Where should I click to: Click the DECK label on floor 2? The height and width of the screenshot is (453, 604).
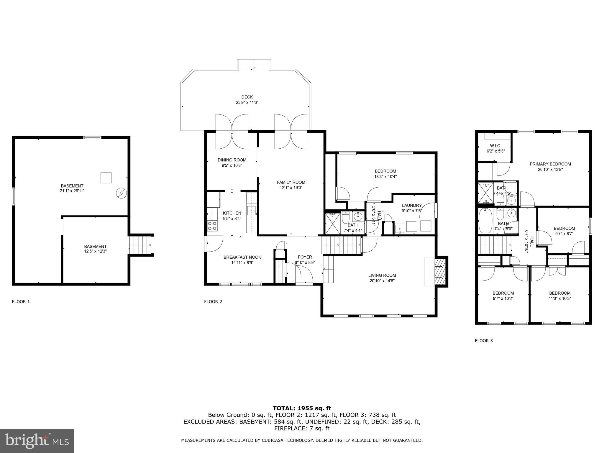(x=247, y=97)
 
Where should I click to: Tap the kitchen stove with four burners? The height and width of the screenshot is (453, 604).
(x=212, y=226)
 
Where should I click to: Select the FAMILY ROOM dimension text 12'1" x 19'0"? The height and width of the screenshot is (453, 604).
(x=291, y=188)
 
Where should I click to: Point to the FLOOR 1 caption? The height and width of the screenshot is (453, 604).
(x=21, y=301)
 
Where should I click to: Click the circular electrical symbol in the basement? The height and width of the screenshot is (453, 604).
(x=121, y=193)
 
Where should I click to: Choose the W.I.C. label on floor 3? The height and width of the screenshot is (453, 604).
(x=495, y=146)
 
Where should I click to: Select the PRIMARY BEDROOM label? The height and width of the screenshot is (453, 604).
(x=550, y=164)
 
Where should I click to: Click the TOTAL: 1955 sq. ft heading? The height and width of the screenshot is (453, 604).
(x=302, y=408)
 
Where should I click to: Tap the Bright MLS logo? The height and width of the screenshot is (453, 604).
(x=37, y=441)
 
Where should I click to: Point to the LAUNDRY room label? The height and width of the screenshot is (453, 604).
(x=412, y=205)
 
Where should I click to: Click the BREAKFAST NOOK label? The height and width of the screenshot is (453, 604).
(x=242, y=257)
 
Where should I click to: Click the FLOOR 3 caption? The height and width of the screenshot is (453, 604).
(x=484, y=341)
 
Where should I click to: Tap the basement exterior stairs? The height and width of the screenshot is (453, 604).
(x=141, y=245)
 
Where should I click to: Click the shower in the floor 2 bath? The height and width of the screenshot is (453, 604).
(x=332, y=223)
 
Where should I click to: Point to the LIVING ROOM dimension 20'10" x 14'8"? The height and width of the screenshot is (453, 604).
(x=382, y=281)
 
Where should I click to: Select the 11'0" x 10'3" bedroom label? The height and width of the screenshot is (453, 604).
(x=559, y=298)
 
